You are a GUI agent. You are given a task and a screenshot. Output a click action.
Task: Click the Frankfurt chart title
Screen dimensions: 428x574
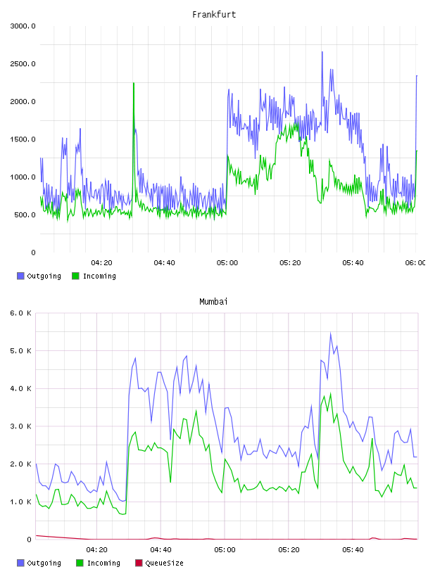click(x=214, y=15)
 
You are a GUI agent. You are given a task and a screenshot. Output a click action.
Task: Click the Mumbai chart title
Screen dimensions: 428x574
click(x=213, y=302)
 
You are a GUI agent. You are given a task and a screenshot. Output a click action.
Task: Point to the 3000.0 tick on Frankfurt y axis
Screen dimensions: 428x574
click(x=23, y=26)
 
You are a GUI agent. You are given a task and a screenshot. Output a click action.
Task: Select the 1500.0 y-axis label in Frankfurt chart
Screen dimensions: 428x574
click(x=23, y=139)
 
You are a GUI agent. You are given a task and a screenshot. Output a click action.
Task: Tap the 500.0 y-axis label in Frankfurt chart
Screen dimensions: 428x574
click(x=25, y=215)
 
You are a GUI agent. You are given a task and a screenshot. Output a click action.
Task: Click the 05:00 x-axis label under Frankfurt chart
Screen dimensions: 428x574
click(x=227, y=263)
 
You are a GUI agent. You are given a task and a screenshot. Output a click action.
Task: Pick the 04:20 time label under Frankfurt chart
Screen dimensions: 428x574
click(x=101, y=263)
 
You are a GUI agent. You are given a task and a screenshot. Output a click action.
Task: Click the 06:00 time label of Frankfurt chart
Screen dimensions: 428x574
click(x=415, y=263)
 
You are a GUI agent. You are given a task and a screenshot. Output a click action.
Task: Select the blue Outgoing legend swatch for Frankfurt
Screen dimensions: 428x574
click(x=20, y=276)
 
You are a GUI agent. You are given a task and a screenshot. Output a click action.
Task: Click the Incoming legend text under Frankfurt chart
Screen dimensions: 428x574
click(x=99, y=276)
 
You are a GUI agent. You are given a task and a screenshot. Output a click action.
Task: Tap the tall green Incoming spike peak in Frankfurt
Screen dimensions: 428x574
click(x=134, y=83)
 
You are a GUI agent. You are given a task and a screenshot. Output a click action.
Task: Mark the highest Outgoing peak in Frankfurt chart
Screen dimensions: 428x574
click(x=322, y=52)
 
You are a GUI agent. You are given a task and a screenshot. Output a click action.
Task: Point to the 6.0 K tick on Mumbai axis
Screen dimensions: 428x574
click(x=20, y=313)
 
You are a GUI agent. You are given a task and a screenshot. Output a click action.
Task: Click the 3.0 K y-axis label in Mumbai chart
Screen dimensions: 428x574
click(x=20, y=426)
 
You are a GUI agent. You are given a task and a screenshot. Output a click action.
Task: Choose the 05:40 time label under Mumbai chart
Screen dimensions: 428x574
click(x=353, y=550)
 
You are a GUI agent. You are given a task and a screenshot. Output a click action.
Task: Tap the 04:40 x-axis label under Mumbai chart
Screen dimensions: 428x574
click(x=160, y=550)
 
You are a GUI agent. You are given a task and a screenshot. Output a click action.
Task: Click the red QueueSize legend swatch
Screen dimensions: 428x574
click(x=139, y=563)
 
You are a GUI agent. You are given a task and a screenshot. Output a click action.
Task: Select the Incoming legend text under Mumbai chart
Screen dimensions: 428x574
click(x=103, y=563)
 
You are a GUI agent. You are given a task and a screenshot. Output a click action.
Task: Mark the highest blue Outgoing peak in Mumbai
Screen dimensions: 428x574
click(x=331, y=333)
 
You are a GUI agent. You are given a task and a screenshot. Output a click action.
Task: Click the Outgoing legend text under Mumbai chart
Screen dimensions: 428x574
click(x=44, y=563)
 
